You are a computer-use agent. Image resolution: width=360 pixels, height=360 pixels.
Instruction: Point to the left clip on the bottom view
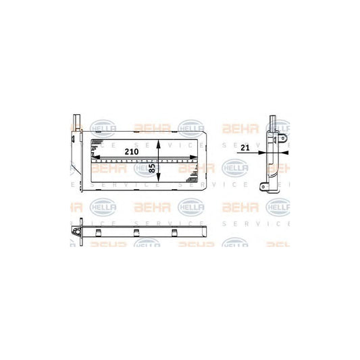pos(99,233)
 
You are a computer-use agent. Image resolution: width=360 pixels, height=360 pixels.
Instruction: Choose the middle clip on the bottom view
pos(136,233)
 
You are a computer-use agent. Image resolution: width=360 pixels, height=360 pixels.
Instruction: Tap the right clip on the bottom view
pos(174,233)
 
